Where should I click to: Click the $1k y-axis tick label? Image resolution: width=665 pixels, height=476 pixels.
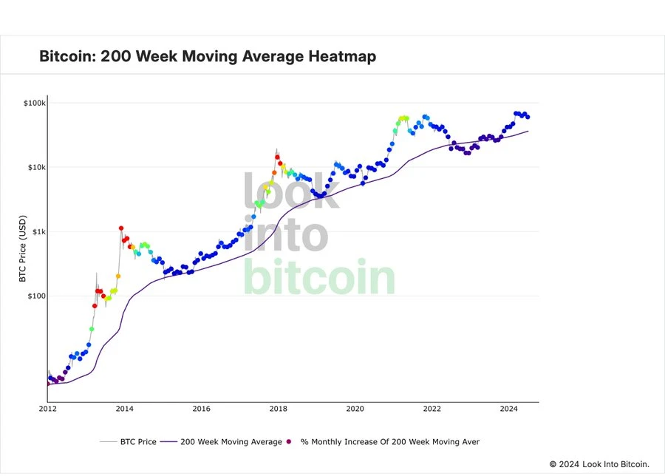coord(37,232)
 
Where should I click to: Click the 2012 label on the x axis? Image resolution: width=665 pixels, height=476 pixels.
coord(47,408)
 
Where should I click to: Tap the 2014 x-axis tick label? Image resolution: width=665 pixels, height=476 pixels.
coord(124,408)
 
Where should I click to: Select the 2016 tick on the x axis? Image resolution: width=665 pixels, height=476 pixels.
coord(201,408)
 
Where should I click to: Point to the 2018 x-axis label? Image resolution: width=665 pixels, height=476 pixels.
coord(278,408)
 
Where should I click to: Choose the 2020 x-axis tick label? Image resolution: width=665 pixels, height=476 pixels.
coord(355,408)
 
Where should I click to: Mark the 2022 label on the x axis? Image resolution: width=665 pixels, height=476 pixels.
coord(432,408)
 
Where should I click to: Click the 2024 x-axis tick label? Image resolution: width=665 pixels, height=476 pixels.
coord(508,408)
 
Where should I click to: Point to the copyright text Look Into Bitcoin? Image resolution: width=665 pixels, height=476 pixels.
coord(615,464)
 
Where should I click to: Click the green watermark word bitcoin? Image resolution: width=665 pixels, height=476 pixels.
coord(319,278)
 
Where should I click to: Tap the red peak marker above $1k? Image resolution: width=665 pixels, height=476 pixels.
coord(121,228)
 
